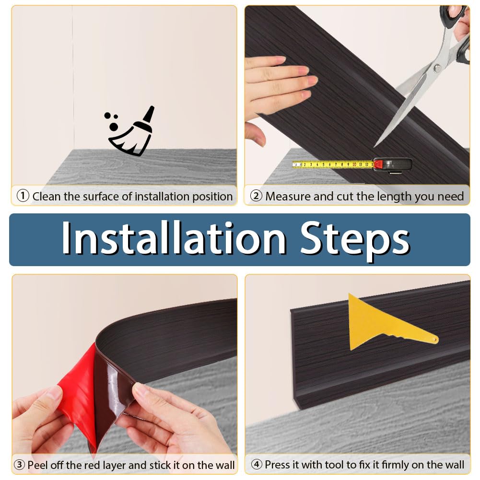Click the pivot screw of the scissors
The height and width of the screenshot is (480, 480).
[x=437, y=68]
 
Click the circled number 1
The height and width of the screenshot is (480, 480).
[x=23, y=196]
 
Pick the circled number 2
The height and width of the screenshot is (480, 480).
[x=256, y=196]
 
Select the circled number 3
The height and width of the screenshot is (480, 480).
[x=19, y=465]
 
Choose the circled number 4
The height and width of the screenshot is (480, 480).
[x=257, y=464]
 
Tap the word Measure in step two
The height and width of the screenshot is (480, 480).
[x=288, y=196]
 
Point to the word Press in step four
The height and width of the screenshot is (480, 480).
[x=278, y=464]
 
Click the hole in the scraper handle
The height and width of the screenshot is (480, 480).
[x=435, y=340]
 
